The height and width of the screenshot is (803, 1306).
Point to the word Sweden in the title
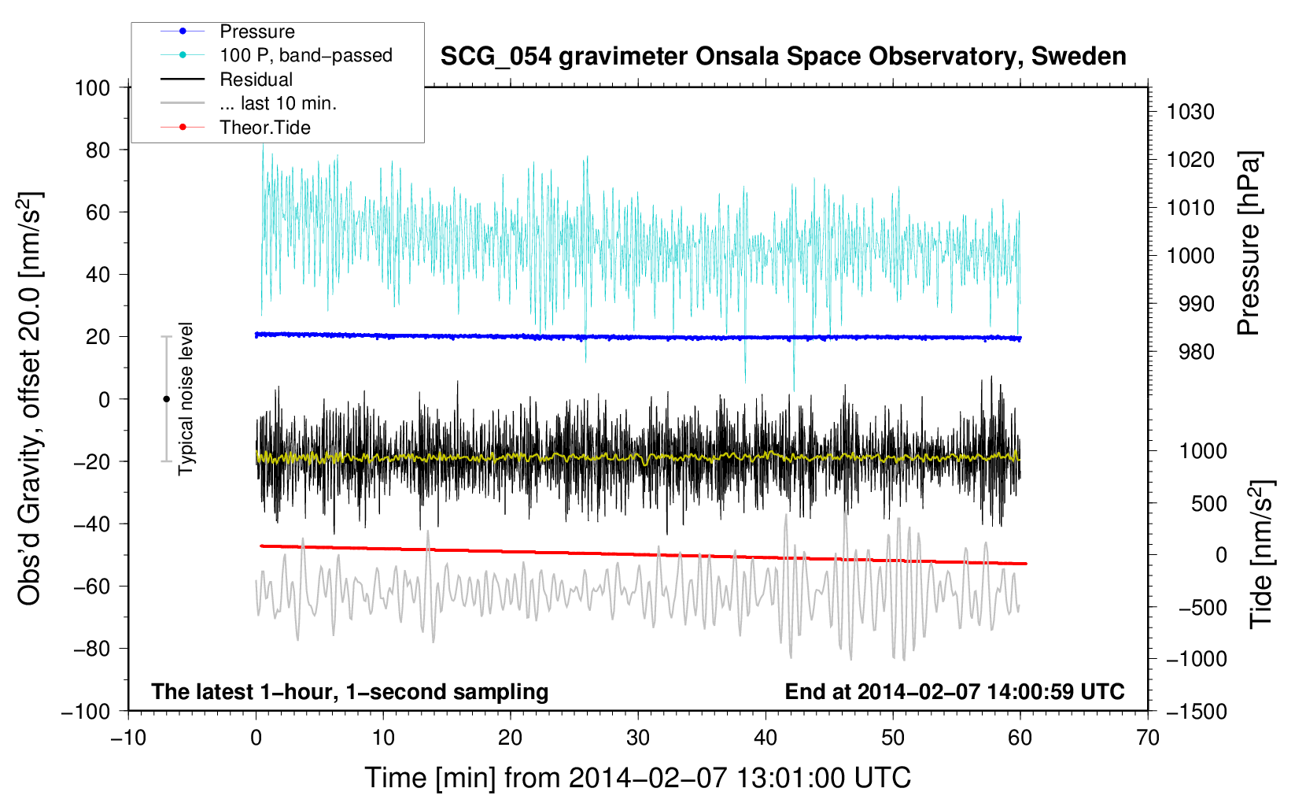coord(1079,57)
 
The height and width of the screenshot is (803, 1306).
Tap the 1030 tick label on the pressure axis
coord(1190,112)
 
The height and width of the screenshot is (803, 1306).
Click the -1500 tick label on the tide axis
coord(1197,712)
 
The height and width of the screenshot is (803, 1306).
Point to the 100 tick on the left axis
coord(92,88)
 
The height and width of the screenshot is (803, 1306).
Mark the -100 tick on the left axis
coord(86,712)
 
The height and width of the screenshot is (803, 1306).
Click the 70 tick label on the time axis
coord(1148,738)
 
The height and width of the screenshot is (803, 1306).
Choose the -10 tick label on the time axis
coord(128,738)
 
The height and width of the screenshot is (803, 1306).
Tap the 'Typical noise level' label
coord(185,398)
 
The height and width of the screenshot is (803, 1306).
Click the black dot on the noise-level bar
coord(166,399)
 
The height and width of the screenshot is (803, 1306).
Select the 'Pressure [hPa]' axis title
coord(1249,243)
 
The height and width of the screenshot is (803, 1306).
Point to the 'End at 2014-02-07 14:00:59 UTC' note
coord(954,691)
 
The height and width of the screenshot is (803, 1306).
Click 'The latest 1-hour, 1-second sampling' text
coord(350,692)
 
